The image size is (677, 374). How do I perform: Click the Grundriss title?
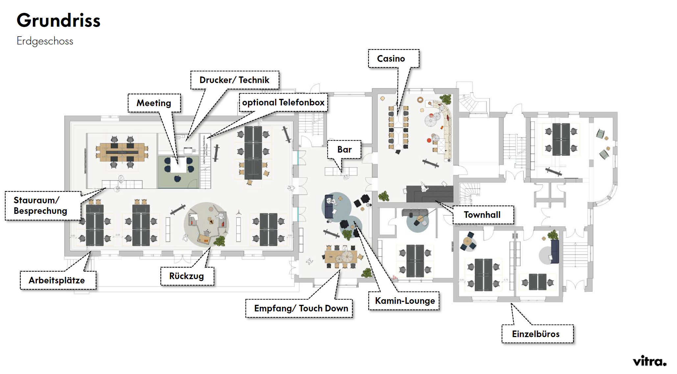point(59,20)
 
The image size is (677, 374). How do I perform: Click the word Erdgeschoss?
point(45,41)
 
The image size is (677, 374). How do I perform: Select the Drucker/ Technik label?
point(234,80)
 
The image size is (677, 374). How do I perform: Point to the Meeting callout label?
point(154,103)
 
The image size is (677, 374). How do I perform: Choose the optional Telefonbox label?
point(283,102)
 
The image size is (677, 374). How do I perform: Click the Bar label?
point(344,150)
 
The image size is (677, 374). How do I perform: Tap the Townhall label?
point(482,215)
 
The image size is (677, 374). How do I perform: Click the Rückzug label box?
point(187,276)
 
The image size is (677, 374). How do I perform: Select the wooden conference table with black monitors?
point(122,152)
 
